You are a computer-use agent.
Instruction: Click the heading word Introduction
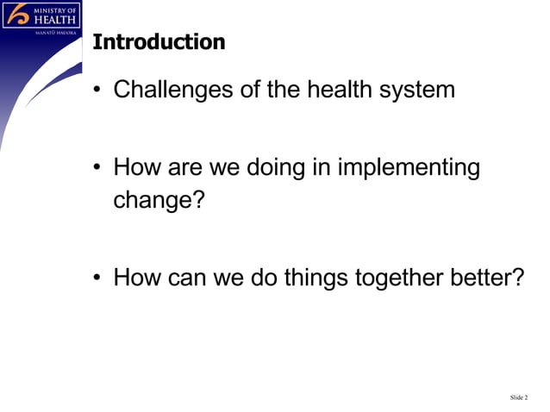(159, 41)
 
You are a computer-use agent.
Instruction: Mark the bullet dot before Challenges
(99, 91)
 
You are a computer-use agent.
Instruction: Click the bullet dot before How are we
(99, 169)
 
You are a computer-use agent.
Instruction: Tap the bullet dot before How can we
(99, 280)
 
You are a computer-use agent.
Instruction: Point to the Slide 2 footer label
(518, 397)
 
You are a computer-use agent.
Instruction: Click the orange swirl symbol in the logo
(17, 15)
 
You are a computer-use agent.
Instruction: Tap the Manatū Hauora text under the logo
(55, 32)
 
